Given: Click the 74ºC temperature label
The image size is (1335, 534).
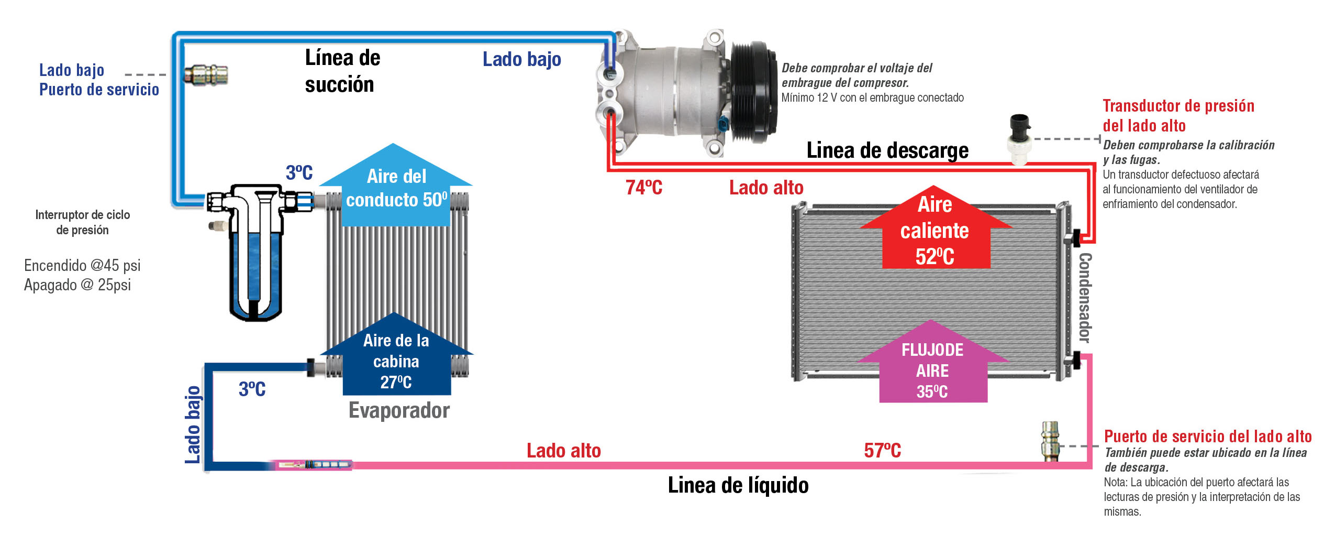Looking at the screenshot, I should click(643, 188).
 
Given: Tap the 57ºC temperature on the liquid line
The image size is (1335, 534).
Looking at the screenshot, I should click(882, 451).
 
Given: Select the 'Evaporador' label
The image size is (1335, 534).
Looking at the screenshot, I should click(399, 410).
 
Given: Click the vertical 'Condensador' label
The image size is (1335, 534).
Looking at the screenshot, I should click(1085, 298).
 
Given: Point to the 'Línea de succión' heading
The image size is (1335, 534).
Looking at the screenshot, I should click(342, 71).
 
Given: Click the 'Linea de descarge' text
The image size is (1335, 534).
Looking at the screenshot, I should click(887, 150).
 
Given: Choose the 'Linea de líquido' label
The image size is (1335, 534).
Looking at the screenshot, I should click(738, 485).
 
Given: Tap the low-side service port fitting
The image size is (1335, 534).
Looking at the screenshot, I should click(206, 75).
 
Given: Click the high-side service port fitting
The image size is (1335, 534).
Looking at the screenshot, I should click(1049, 441).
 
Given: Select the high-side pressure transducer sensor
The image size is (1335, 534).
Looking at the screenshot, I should click(1019, 138).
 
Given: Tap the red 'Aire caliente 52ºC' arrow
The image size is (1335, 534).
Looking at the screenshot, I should click(935, 231).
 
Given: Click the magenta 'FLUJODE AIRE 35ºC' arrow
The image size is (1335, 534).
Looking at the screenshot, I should click(932, 367).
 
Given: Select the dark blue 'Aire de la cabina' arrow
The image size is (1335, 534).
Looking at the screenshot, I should click(396, 359).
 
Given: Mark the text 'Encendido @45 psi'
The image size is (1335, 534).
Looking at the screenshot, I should click(82, 266).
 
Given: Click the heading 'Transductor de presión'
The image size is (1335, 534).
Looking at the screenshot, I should click(1178, 106).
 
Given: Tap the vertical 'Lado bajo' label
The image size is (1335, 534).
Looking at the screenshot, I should click(193, 424).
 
